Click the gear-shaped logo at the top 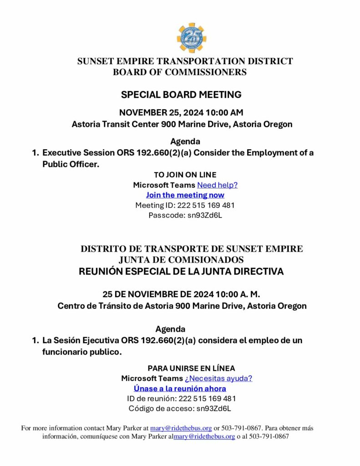[x=191, y=38]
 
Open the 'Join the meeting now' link [x=185, y=195]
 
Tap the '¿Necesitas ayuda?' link [x=218, y=379]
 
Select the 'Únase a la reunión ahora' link [x=180, y=389]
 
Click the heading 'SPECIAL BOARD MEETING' [x=181, y=95]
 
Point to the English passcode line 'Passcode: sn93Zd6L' [x=185, y=215]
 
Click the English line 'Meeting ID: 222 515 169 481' [x=185, y=205]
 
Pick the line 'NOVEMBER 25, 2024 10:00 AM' [x=181, y=112]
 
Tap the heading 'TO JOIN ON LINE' [x=185, y=175]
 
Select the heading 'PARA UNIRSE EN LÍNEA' [x=191, y=369]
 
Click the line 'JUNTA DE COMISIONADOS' [x=181, y=260]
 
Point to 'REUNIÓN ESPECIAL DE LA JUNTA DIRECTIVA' [x=181, y=272]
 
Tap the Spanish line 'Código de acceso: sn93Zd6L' [x=180, y=408]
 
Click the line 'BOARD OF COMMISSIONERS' [x=180, y=72]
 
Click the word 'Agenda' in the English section [x=185, y=142]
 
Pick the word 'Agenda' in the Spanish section [x=170, y=329]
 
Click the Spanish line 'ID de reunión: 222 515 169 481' [x=181, y=399]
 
